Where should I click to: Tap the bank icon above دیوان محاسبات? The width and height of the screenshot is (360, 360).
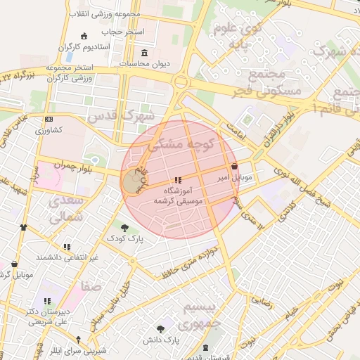point(145,53)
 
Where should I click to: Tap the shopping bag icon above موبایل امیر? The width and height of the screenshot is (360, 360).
point(233,167)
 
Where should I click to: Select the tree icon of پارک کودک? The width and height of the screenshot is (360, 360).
point(124,227)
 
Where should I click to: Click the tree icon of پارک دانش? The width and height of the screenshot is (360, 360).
point(161,328)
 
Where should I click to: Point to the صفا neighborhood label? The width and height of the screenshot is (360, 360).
point(91,286)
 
